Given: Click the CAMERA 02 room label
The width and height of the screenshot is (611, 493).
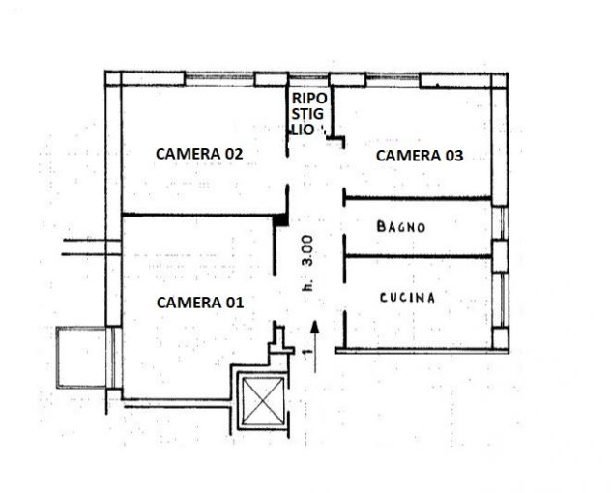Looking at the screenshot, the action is click(199, 154).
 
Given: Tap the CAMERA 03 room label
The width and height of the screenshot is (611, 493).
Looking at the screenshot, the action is click(420, 156).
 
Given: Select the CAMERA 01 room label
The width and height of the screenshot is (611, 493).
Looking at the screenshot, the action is click(200, 303).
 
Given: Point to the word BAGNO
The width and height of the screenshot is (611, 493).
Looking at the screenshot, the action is click(401, 227).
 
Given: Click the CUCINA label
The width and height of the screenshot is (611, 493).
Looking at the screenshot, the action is click(407, 298).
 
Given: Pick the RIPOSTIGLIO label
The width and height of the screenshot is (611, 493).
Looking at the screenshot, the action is click(307, 114).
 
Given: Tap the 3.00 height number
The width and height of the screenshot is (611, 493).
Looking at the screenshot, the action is click(307, 250).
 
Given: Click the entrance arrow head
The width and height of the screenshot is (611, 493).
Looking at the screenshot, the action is click(315, 328).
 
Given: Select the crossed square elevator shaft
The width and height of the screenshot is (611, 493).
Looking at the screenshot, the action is click(263, 401).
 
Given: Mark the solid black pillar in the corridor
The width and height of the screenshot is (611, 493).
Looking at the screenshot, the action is click(280, 220).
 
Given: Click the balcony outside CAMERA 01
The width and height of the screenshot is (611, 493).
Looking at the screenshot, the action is click(81, 358).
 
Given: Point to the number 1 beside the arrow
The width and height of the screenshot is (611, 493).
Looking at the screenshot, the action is click(307, 352).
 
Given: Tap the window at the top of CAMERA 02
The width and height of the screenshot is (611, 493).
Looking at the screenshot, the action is click(219, 79).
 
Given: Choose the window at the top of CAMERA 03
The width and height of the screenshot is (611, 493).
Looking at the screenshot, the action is click(393, 79).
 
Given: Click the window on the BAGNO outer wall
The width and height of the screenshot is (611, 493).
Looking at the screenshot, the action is click(500, 223).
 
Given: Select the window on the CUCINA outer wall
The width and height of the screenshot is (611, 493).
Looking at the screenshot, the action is click(500, 300).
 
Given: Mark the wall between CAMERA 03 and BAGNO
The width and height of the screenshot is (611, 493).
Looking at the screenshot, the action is click(417, 199).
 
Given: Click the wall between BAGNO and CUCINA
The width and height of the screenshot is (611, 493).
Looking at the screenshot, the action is click(418, 256).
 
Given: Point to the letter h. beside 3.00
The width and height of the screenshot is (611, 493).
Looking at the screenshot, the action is click(308, 286).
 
